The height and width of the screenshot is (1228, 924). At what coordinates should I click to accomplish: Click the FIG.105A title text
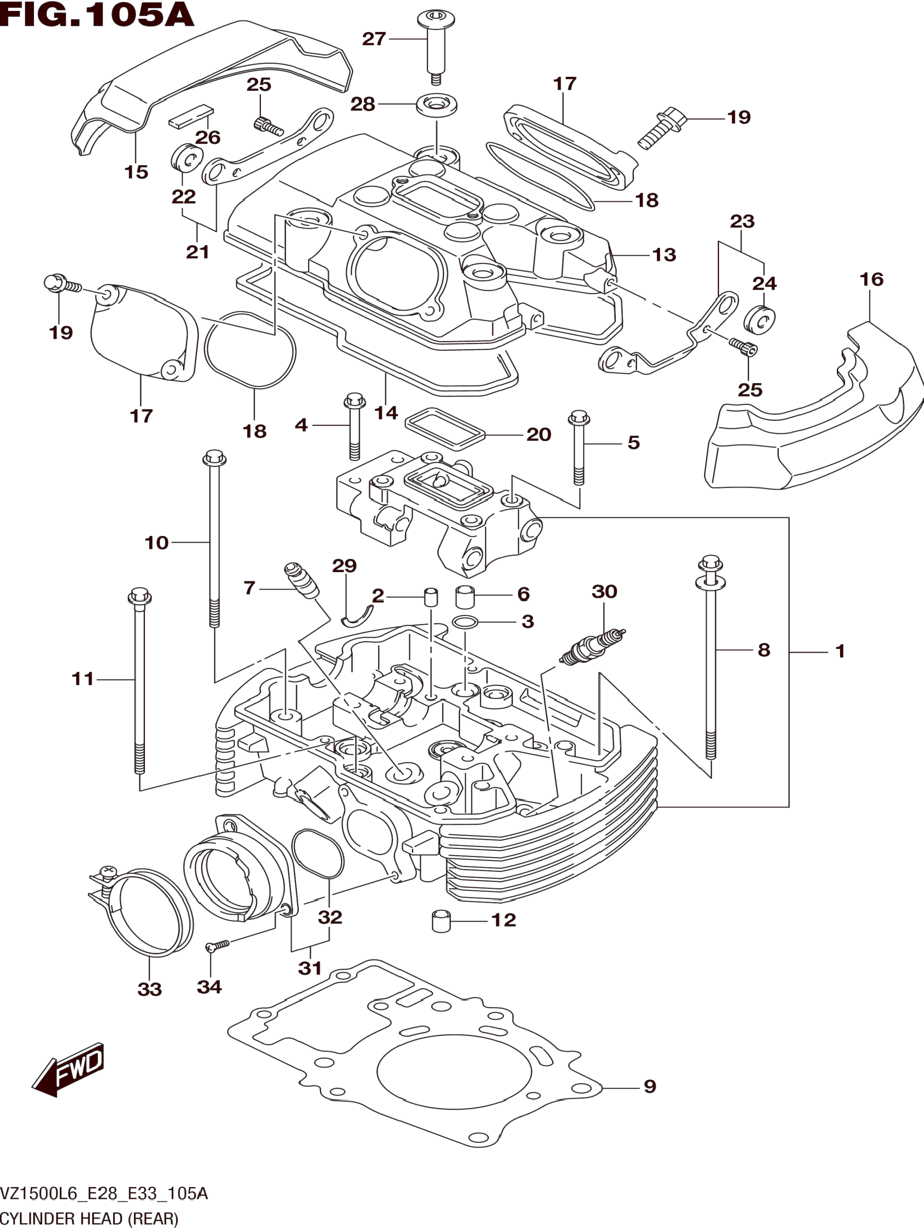pos(97,15)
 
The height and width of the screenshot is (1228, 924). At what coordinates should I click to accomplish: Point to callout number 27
pos(374,39)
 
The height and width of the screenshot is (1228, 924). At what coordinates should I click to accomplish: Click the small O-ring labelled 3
pos(464,622)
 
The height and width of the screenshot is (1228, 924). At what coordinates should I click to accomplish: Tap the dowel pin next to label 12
pos(441,921)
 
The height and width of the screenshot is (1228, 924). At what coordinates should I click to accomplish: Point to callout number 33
pos(149,989)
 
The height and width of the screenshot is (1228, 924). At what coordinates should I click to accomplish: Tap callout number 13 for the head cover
pos(664,255)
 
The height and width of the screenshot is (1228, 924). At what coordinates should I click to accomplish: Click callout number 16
pos(871,279)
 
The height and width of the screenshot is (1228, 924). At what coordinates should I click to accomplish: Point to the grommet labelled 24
pos(760,320)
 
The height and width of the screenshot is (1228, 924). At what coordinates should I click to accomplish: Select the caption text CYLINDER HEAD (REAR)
pos(89,1219)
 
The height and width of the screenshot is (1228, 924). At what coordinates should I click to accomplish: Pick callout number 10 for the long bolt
pos(157,542)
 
